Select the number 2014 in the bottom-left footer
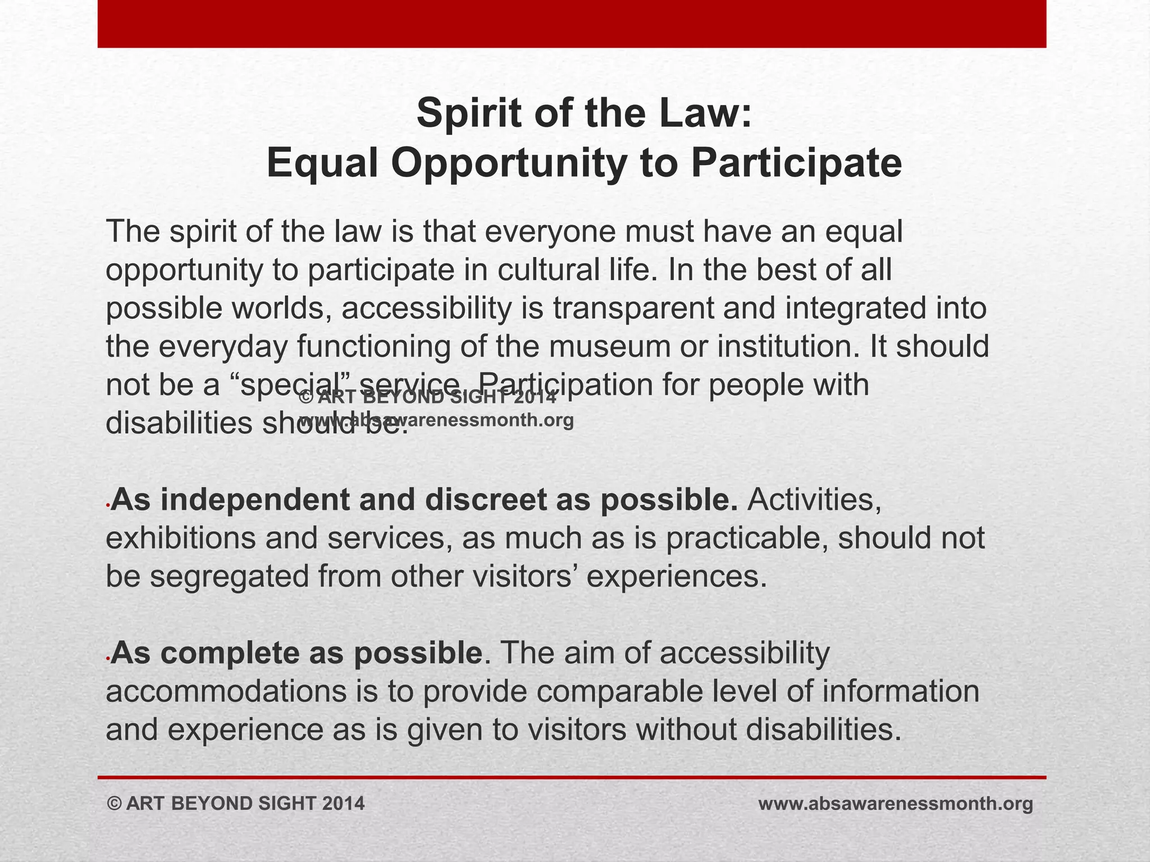point(344,804)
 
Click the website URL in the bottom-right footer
point(896,804)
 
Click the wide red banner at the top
point(572,24)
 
